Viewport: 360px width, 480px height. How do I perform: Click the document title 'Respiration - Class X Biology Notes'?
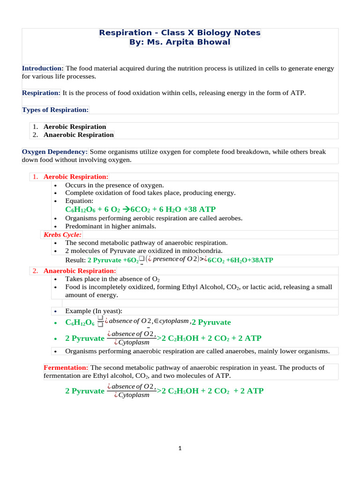(180, 33)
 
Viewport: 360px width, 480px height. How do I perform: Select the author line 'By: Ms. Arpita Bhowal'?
(180, 42)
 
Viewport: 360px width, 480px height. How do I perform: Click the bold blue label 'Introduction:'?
(43, 68)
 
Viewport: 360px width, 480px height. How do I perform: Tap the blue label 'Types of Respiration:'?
(55, 110)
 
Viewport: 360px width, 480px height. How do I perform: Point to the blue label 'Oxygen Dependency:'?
(55, 152)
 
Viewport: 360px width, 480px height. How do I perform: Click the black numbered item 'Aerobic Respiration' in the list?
(75, 127)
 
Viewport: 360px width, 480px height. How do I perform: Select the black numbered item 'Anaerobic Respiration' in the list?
(78, 135)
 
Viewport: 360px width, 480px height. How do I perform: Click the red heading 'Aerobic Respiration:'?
(76, 177)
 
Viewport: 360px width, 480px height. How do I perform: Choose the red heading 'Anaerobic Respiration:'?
(80, 271)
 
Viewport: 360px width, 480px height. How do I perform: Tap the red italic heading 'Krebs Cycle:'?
(62, 234)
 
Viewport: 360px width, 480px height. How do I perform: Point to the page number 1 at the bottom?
(180, 448)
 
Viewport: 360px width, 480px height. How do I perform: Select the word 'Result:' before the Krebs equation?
(75, 260)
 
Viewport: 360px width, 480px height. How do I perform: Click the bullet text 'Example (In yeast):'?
(94, 311)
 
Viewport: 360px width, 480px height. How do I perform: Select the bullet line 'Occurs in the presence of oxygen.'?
(114, 185)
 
